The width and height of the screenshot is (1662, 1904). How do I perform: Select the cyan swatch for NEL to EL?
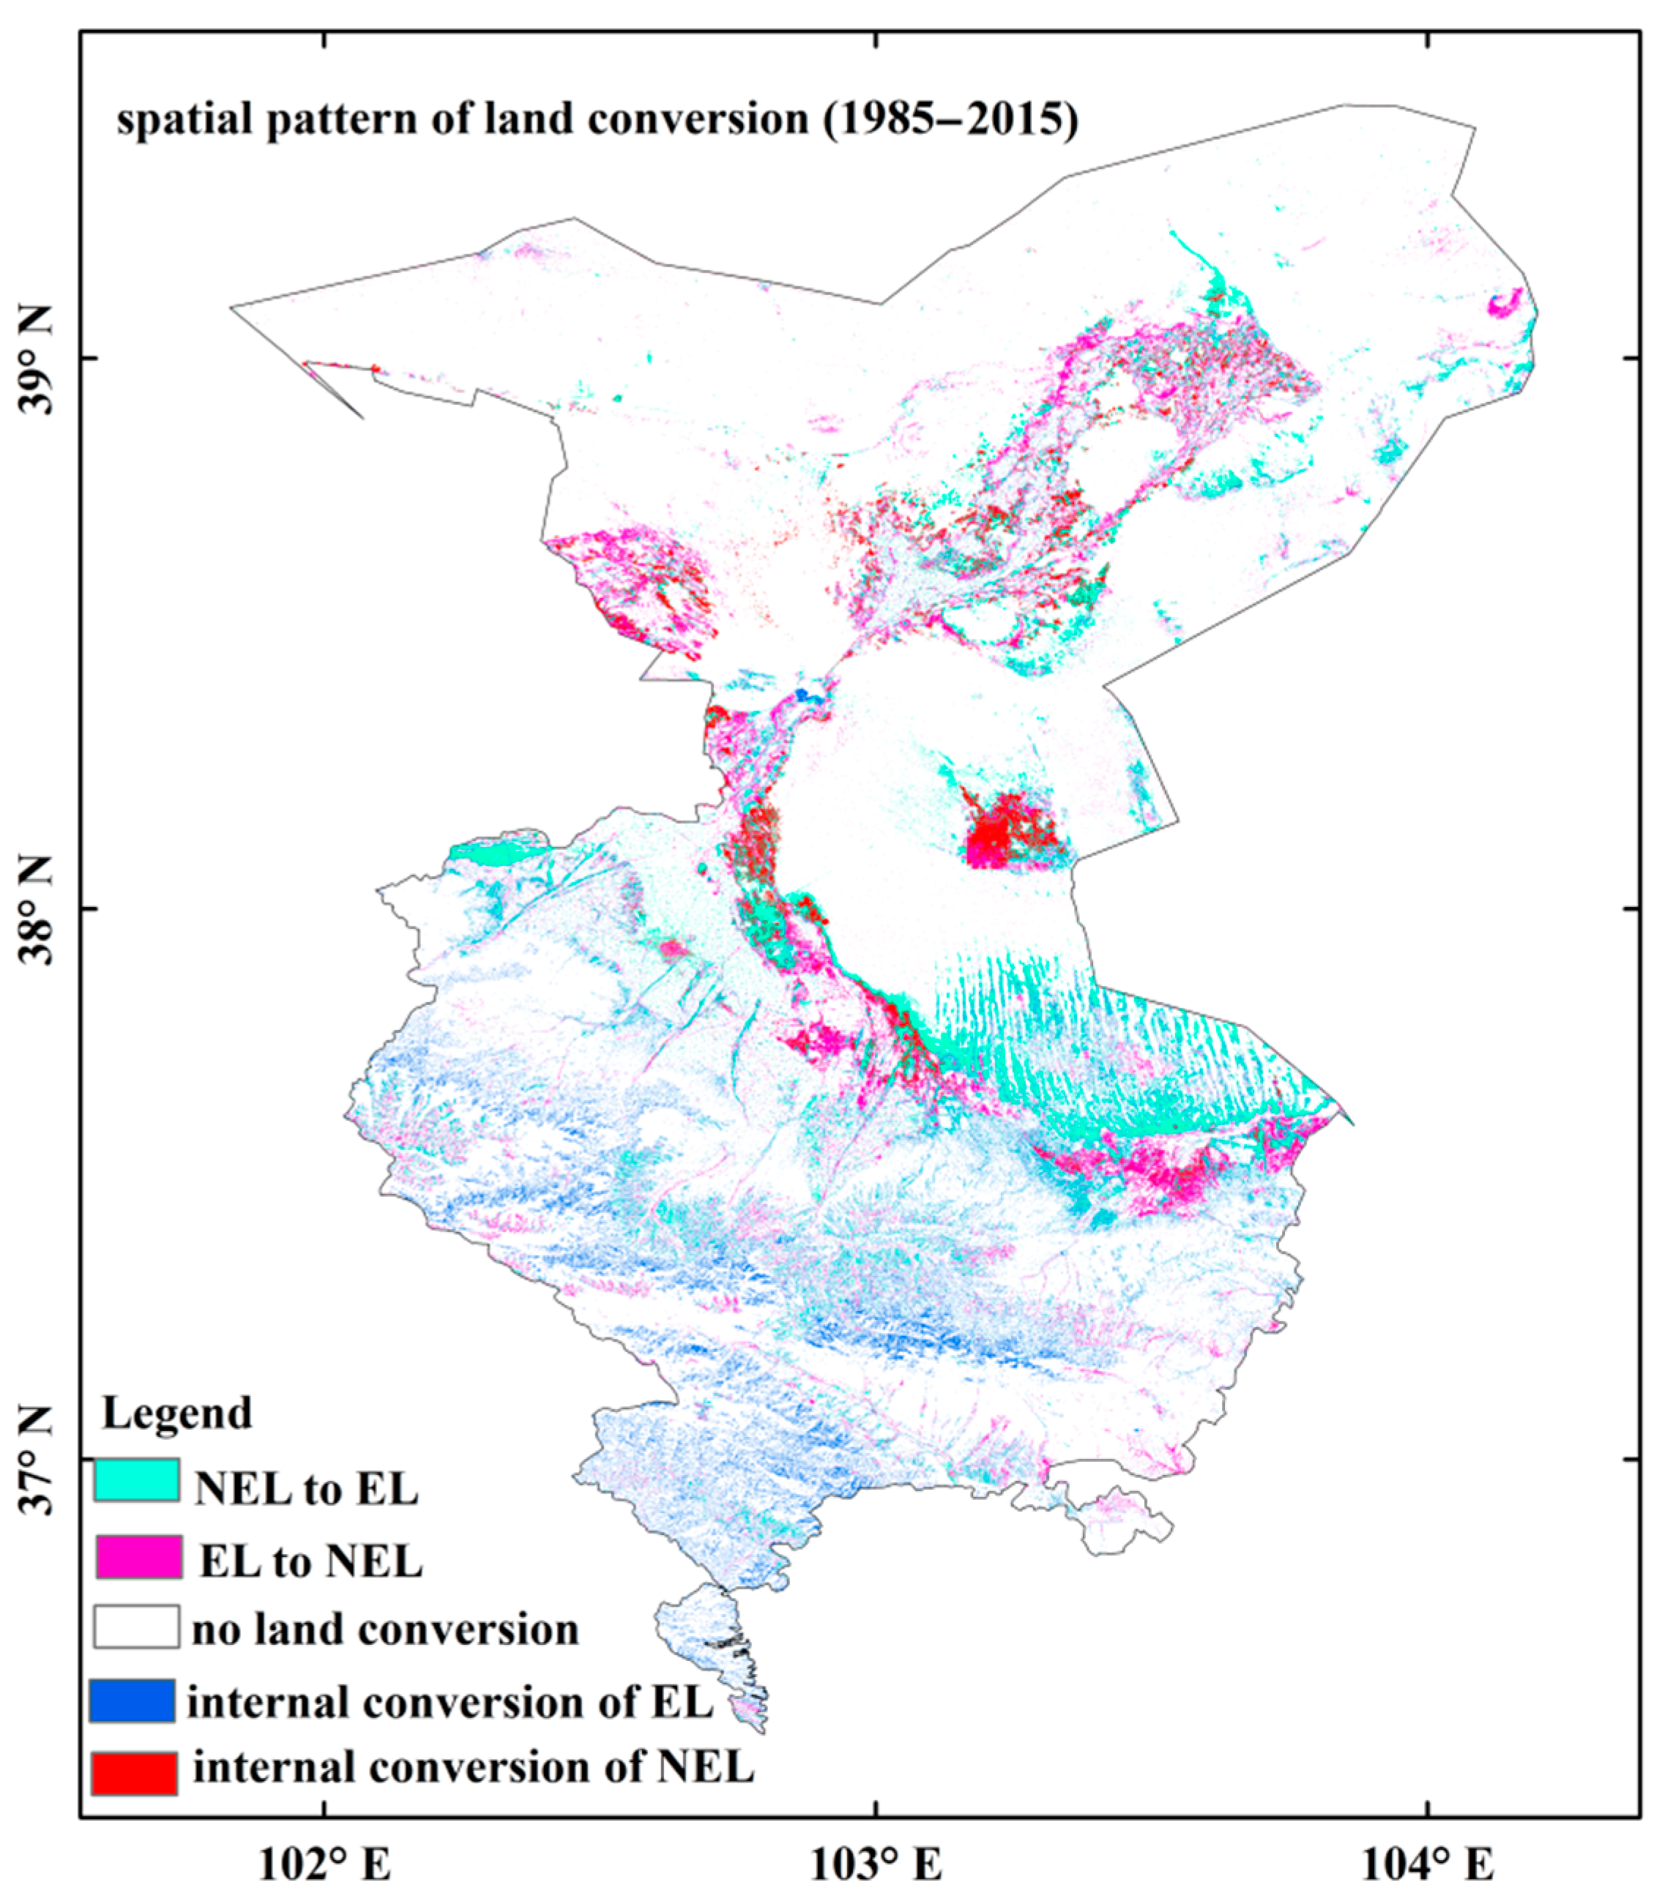(136, 1480)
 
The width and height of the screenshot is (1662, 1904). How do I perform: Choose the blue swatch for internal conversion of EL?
(133, 1701)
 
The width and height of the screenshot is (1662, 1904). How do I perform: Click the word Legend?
(176, 1414)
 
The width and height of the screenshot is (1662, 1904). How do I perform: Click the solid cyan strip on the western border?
(486, 854)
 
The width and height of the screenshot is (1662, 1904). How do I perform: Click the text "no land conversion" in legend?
(385, 1629)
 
